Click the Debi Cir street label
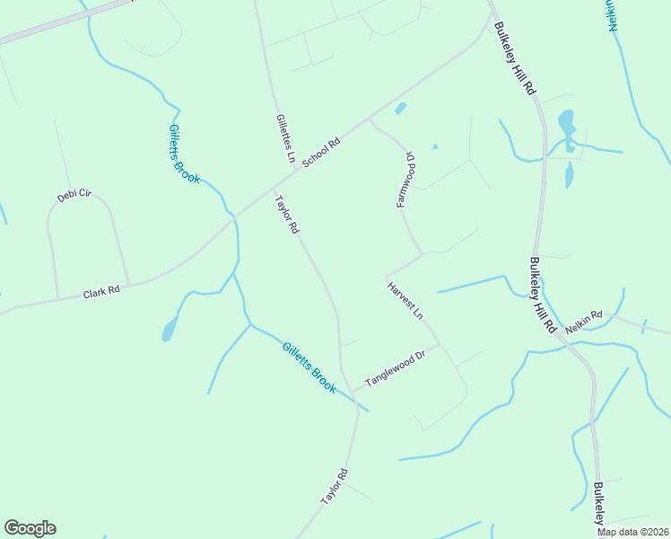[x=74, y=195]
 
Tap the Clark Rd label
[x=101, y=293]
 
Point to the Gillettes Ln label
[x=285, y=138]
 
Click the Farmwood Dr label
[x=405, y=179]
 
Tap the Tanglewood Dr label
[x=394, y=369]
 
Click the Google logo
[x=30, y=528]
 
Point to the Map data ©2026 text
[x=633, y=532]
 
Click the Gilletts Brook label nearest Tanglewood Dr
[x=309, y=367]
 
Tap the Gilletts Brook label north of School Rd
[x=184, y=154]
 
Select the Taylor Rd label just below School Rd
[x=286, y=216]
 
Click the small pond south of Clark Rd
[x=169, y=331]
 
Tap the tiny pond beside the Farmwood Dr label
[x=435, y=146]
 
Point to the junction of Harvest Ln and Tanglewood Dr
[x=439, y=344]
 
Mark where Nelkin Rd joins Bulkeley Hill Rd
[x=566, y=334]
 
